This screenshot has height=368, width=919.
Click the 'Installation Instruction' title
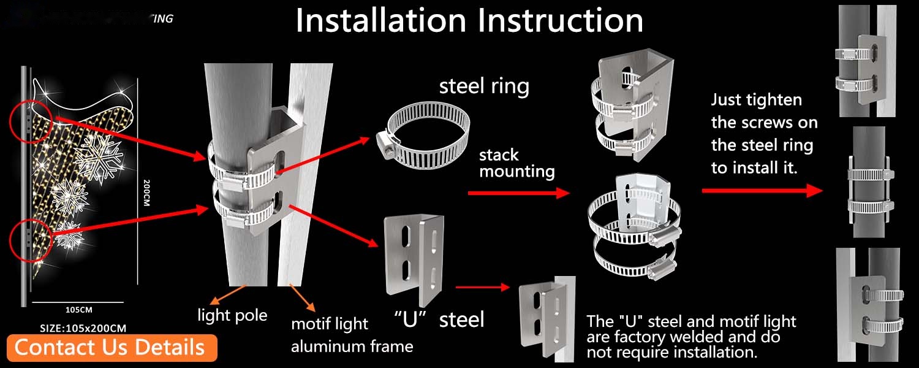coord(469,21)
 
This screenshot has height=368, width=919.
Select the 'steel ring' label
coord(484,86)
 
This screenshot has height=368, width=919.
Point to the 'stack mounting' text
coord(516,163)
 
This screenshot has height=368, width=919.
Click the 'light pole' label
coord(232,315)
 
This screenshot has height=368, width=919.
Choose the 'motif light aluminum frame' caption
coord(352,335)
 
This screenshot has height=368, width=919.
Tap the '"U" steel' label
coord(439,319)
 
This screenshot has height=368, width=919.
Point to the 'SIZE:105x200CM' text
coord(83,328)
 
